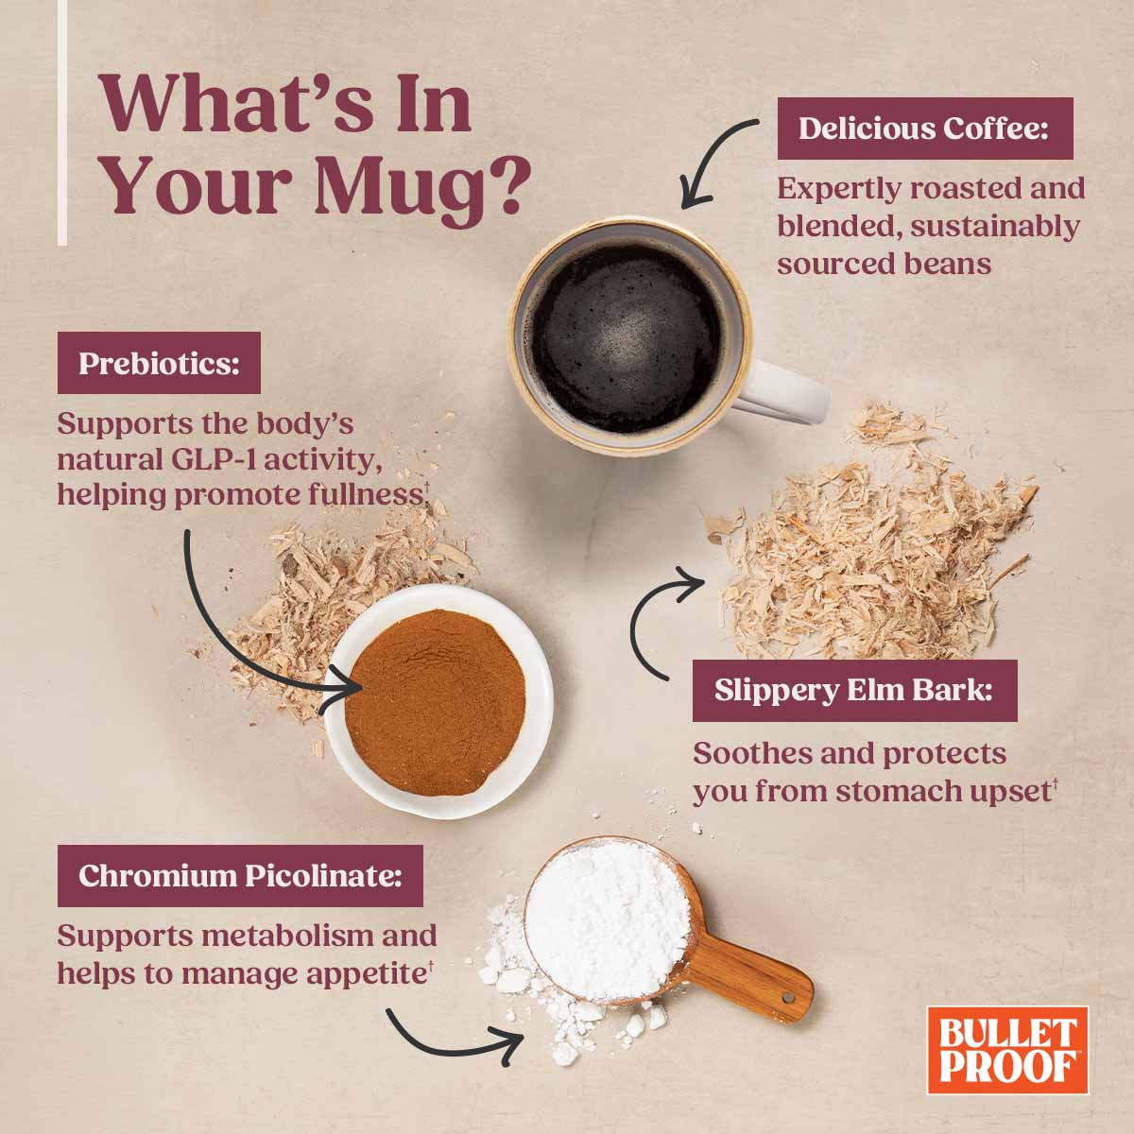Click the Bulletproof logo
(1006, 1049)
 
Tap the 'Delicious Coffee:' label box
(924, 129)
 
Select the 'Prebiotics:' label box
(158, 363)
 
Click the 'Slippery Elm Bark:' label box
(853, 690)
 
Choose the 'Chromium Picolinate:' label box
(239, 875)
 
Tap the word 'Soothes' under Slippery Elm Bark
(752, 754)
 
